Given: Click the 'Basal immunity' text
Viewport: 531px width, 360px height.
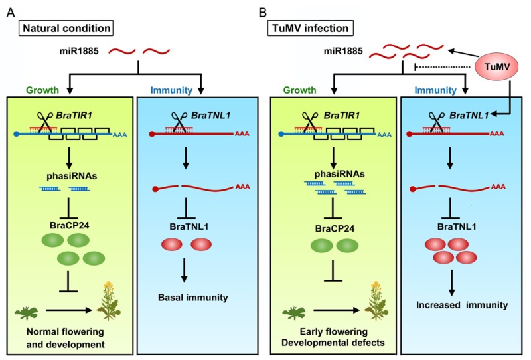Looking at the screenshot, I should [x=190, y=296].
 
